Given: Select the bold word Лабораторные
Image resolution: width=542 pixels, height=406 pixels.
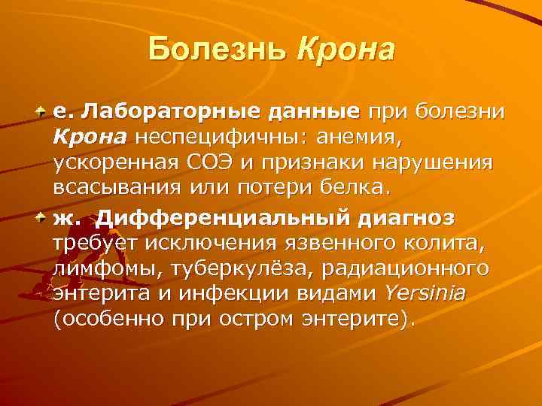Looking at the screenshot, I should click(x=159, y=112).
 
